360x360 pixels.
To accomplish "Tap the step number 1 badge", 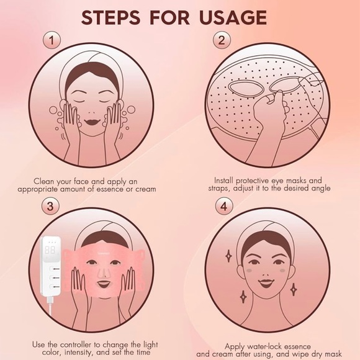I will pyautogui.click(x=52, y=41).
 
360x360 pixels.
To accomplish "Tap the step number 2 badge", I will pyautogui.click(x=221, y=41).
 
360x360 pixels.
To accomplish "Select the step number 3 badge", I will pyautogui.click(x=52, y=205).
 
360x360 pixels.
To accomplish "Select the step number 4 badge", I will pyautogui.click(x=221, y=205).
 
